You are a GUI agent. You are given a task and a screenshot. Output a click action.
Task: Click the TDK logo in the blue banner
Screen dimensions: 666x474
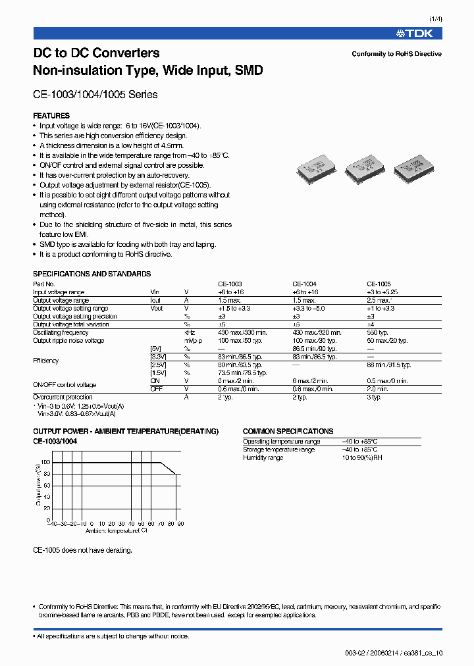pos(419,33)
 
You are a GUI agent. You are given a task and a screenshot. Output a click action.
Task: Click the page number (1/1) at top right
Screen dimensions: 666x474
pos(435,19)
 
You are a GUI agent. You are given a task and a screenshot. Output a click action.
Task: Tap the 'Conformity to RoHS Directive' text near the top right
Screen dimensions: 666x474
pos(396,54)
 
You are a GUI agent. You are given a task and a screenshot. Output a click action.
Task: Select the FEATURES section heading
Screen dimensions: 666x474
pos(51,116)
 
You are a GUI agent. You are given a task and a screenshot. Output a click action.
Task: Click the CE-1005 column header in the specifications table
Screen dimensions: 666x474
pos(379,284)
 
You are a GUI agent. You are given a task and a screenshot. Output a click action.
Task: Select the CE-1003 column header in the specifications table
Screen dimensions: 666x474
pos(230,284)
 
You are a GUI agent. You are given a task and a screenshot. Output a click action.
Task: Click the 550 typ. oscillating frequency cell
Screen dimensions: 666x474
pos(379,332)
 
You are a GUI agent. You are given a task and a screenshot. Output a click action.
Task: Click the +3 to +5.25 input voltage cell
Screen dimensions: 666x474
pos(382,292)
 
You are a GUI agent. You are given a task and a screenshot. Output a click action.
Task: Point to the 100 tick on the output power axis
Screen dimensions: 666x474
pos(46,463)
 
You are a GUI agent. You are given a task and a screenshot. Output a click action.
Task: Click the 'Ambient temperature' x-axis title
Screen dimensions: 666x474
pos(116,530)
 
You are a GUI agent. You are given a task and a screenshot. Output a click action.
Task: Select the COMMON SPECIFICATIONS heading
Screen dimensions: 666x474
pos(288,431)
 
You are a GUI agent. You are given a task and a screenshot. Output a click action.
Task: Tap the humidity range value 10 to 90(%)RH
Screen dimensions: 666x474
pos(362,457)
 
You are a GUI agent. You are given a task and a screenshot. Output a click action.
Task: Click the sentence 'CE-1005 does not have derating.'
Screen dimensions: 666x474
pos(82,550)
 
